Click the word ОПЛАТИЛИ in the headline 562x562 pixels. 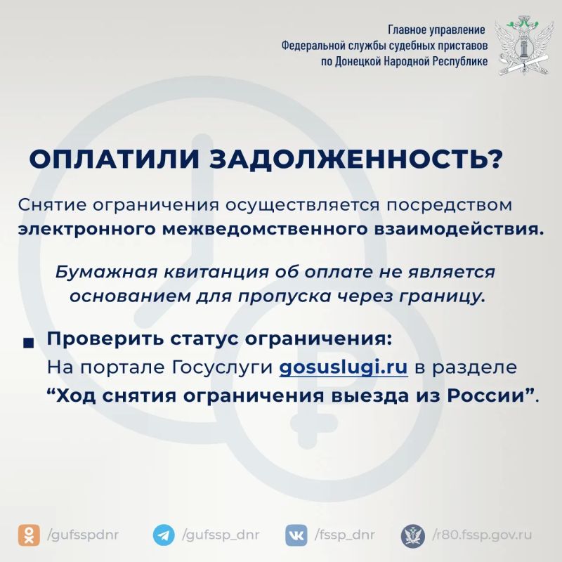coord(114,159)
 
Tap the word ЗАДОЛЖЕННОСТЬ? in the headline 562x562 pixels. coord(355,159)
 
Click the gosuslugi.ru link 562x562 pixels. coord(344,367)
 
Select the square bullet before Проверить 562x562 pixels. coord(28,344)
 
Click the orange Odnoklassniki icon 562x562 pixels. coord(29,535)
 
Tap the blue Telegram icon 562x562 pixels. coord(164,535)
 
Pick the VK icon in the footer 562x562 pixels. coord(296,535)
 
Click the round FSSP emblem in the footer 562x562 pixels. coord(413,535)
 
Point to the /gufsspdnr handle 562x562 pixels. coord(83,535)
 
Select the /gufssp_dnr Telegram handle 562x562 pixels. coord(221,535)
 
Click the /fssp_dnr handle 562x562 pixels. coord(345,535)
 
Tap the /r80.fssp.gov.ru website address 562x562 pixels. coord(483,535)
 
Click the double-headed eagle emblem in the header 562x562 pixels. coord(521,45)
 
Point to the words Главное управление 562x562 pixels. coord(436,30)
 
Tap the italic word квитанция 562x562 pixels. coord(216,273)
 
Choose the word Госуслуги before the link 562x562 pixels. coord(222,367)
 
